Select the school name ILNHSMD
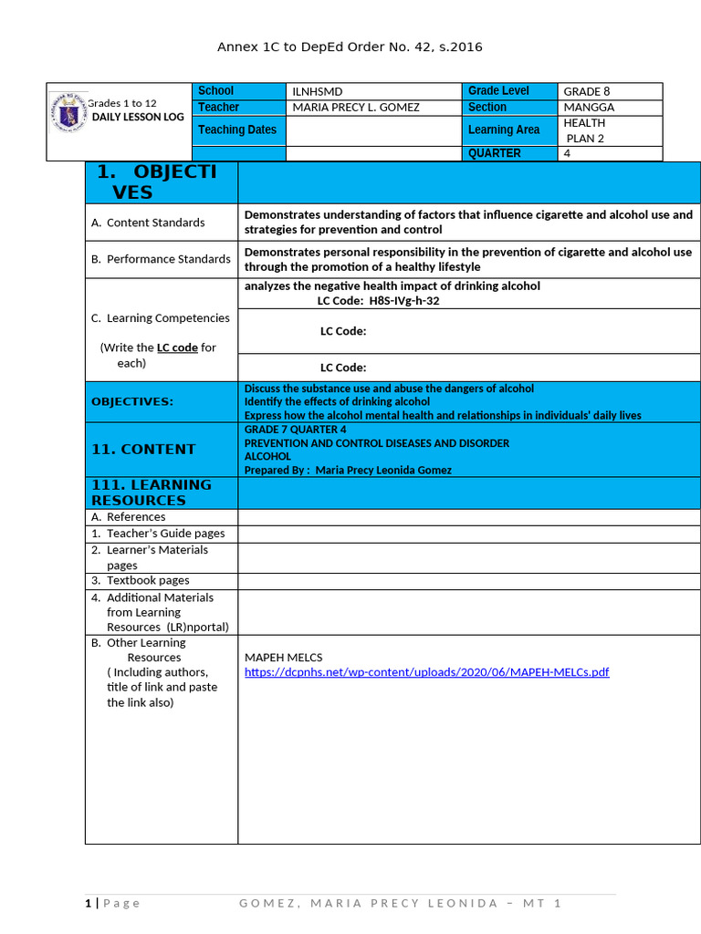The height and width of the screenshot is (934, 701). tap(317, 91)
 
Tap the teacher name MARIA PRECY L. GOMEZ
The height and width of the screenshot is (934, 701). tap(356, 108)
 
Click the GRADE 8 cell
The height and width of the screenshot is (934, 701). tap(587, 91)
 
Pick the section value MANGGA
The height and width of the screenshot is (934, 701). tap(589, 108)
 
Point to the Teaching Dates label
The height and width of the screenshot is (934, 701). tap(237, 130)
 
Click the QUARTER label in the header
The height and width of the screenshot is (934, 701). tap(494, 153)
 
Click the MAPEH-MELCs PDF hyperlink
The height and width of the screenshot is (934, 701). tap(426, 672)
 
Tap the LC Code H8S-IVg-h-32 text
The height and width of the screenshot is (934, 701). tap(379, 300)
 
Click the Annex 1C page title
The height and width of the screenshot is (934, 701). tap(350, 47)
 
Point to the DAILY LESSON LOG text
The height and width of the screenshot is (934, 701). tap(138, 118)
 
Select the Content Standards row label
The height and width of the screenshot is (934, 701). tap(148, 223)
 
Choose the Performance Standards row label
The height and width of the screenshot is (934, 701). tap(161, 259)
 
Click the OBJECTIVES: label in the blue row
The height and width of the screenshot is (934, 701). tap(132, 401)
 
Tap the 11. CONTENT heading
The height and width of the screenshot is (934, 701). tap(143, 449)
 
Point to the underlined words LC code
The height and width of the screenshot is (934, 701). tap(177, 348)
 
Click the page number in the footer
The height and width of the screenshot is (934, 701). tap(89, 903)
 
